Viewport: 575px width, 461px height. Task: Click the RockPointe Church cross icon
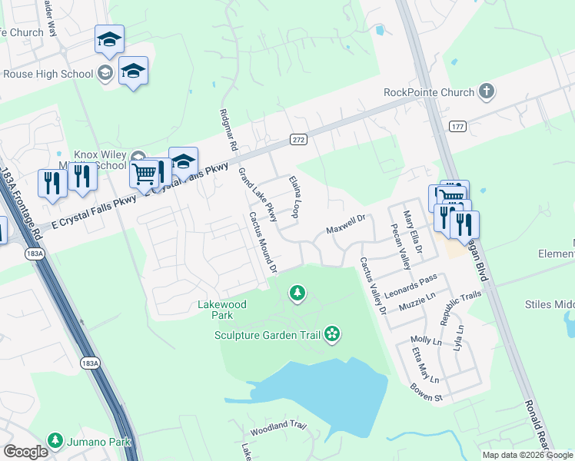pos(486,93)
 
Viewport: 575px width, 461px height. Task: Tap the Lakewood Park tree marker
pos(297,293)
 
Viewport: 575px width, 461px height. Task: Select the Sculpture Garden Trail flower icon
pos(332,333)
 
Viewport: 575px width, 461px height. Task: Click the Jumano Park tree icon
pos(55,441)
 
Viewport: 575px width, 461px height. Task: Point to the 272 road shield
pos(299,139)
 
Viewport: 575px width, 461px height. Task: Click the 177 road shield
pos(457,126)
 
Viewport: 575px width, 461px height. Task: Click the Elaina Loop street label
pos(294,196)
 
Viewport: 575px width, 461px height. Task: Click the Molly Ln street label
pos(422,340)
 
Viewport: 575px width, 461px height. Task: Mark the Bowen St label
pos(429,398)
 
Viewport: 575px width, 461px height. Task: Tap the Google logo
pos(25,452)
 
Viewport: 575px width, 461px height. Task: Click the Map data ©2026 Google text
pos(527,455)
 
